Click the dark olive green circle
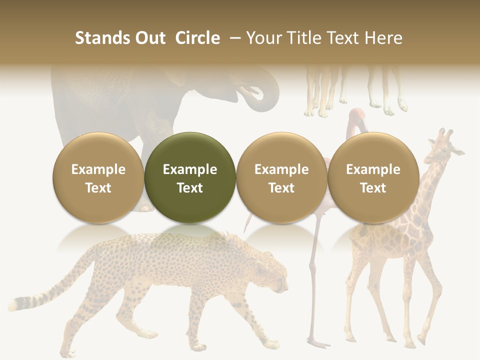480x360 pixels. (190, 177)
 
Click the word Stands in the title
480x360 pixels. (101, 38)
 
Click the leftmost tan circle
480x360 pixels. (98, 177)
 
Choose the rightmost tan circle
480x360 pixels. (373, 177)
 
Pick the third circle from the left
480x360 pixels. (281, 177)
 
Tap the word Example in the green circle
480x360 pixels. (190, 169)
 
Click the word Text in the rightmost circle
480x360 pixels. (373, 188)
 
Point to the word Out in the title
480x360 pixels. (149, 38)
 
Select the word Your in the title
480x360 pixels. (263, 38)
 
